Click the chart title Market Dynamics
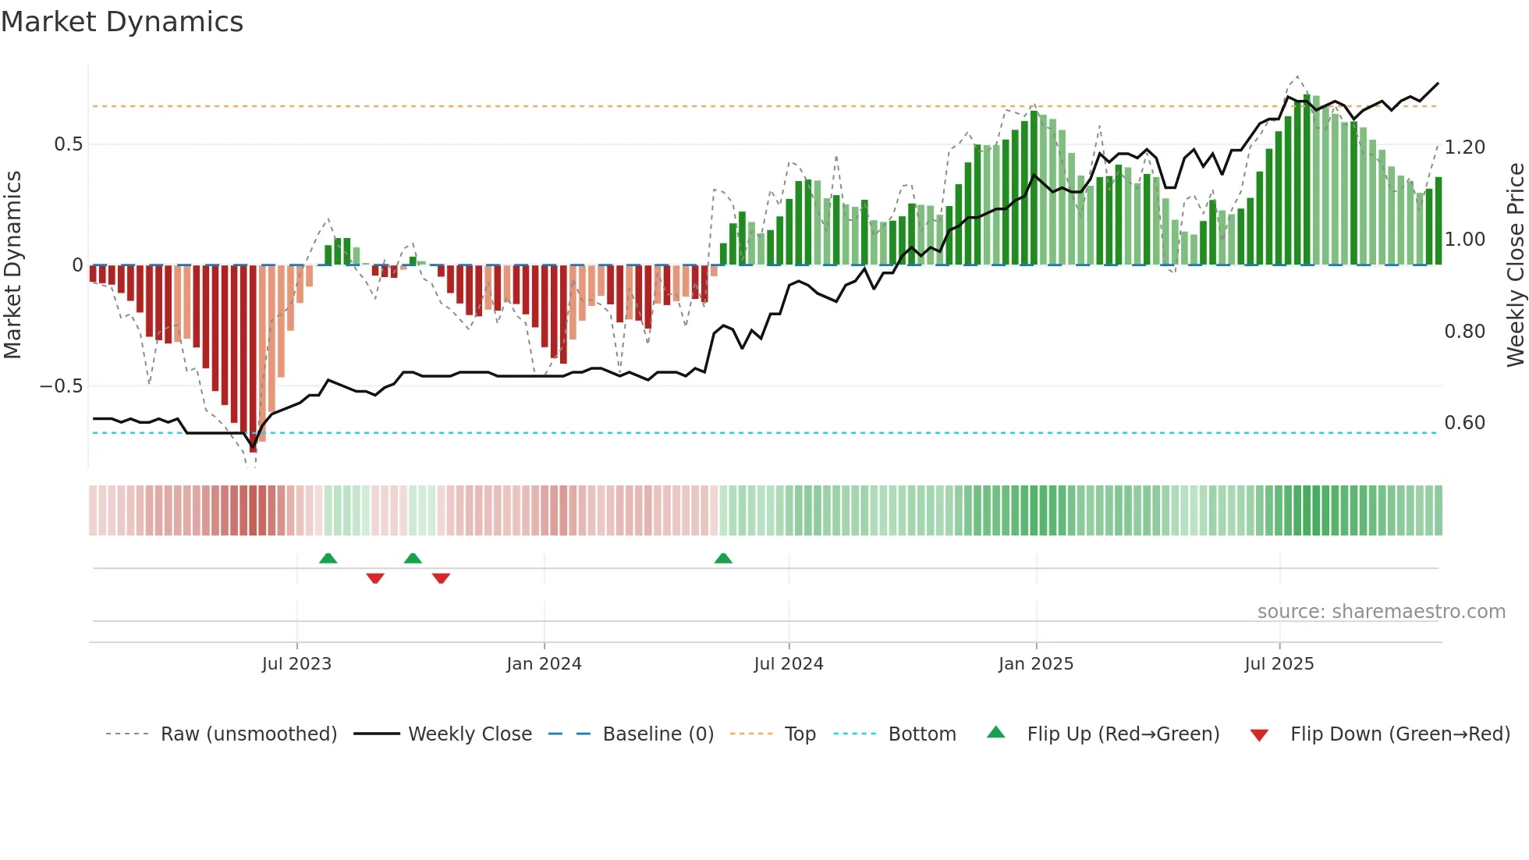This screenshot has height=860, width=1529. (x=122, y=22)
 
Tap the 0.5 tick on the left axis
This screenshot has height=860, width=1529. (x=68, y=144)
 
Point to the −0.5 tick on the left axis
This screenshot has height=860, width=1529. (x=62, y=386)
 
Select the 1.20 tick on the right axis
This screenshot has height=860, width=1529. (x=1464, y=147)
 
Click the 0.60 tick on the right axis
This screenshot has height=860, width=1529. (x=1464, y=423)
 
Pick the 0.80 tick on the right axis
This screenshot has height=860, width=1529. (x=1464, y=332)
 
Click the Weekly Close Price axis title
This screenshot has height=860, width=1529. (x=1515, y=265)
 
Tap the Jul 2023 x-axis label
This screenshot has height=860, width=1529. (x=296, y=664)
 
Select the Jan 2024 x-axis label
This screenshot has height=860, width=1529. (x=544, y=664)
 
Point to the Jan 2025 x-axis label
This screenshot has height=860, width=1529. (x=1036, y=664)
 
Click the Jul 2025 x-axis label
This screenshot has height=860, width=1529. (x=1279, y=664)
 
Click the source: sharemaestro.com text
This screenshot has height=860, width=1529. (x=1381, y=612)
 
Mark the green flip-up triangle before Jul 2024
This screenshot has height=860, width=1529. (x=723, y=558)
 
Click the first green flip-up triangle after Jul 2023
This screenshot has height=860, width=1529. (x=328, y=558)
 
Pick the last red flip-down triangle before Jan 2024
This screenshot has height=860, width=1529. (x=441, y=578)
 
